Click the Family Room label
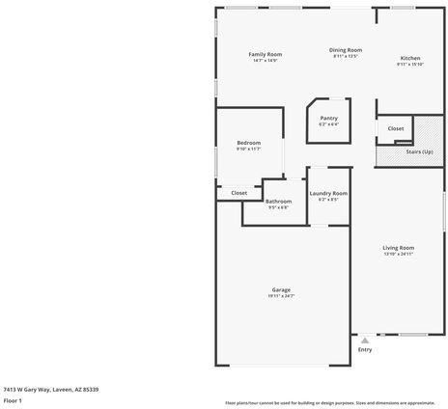[x=265, y=54]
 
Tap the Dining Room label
[x=346, y=50]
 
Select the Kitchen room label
[x=410, y=59]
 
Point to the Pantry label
[x=329, y=118]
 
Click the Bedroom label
[x=249, y=143]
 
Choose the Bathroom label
[x=278, y=201]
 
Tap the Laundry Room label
[x=328, y=193]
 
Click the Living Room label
[x=398, y=248]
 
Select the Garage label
[x=281, y=289]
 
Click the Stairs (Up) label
[x=419, y=151]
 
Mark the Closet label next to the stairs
[x=396, y=128]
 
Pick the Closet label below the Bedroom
[x=238, y=193]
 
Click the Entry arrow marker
[x=365, y=341]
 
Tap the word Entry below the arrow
[x=365, y=349]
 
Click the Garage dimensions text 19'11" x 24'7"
[x=281, y=295]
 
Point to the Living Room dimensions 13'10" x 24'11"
[x=398, y=254]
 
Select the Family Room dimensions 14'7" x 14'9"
[x=265, y=60]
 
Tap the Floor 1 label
[x=14, y=399]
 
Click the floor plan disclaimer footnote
[x=329, y=402]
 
